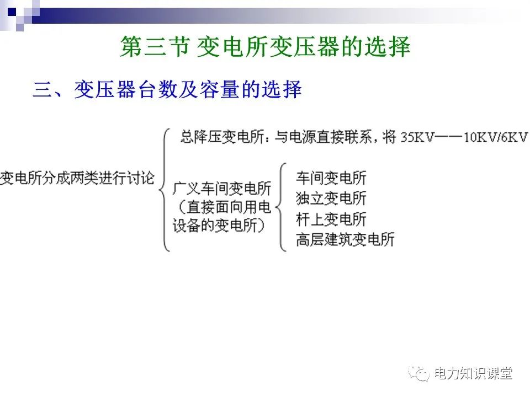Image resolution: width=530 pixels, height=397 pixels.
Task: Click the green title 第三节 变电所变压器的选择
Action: click(265, 47)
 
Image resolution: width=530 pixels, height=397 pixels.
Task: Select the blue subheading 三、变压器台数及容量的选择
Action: click(167, 90)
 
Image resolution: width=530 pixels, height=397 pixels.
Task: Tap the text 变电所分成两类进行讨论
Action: click(77, 179)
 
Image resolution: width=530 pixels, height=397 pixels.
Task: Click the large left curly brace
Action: click(164, 189)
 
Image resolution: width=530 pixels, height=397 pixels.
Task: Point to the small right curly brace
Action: click(283, 207)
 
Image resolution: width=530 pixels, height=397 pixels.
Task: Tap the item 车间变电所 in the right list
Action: click(331, 178)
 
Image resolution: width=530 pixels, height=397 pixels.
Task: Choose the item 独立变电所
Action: click(331, 198)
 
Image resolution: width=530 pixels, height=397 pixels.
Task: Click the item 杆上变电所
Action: click(331, 219)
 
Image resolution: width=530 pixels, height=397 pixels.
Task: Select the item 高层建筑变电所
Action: click(345, 240)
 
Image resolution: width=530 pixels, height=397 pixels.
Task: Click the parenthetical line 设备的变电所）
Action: click(219, 226)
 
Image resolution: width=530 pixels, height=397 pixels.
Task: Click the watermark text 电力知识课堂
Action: click(473, 374)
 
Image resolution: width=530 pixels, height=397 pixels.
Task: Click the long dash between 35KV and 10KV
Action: click(448, 137)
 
